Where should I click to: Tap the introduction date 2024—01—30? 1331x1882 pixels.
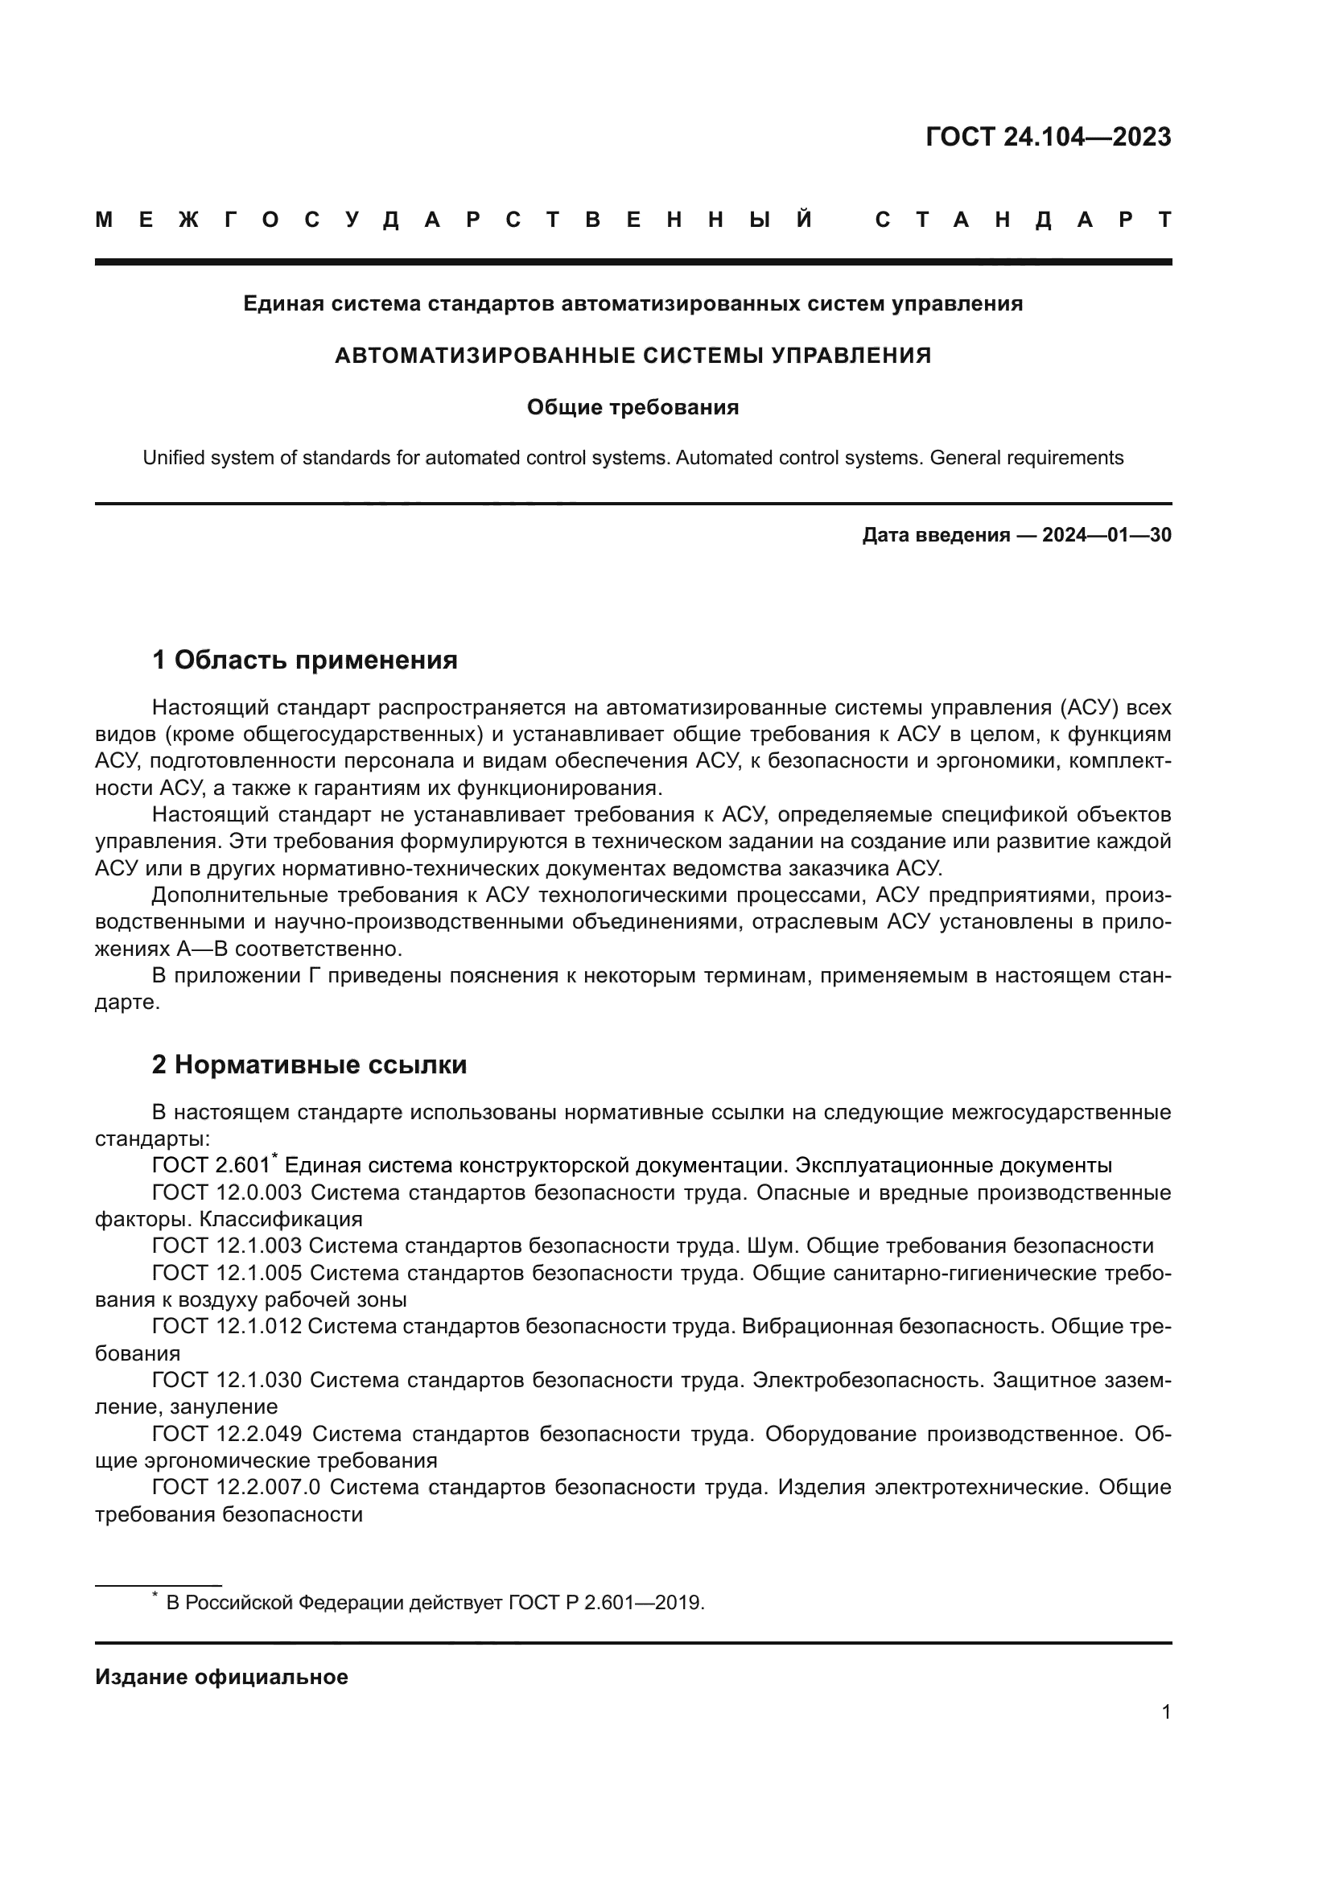[1106, 535]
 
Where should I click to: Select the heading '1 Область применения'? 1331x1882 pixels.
[304, 660]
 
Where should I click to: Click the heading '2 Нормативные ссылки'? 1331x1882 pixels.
[309, 1065]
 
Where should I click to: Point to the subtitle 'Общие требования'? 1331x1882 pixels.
[633, 407]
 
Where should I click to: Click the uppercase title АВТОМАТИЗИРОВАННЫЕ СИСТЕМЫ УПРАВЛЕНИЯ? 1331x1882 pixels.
[633, 356]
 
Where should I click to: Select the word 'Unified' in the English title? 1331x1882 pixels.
[173, 458]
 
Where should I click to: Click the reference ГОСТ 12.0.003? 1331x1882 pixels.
[227, 1192]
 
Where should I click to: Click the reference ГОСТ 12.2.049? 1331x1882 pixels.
[227, 1434]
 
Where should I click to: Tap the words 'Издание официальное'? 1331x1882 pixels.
[221, 1677]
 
